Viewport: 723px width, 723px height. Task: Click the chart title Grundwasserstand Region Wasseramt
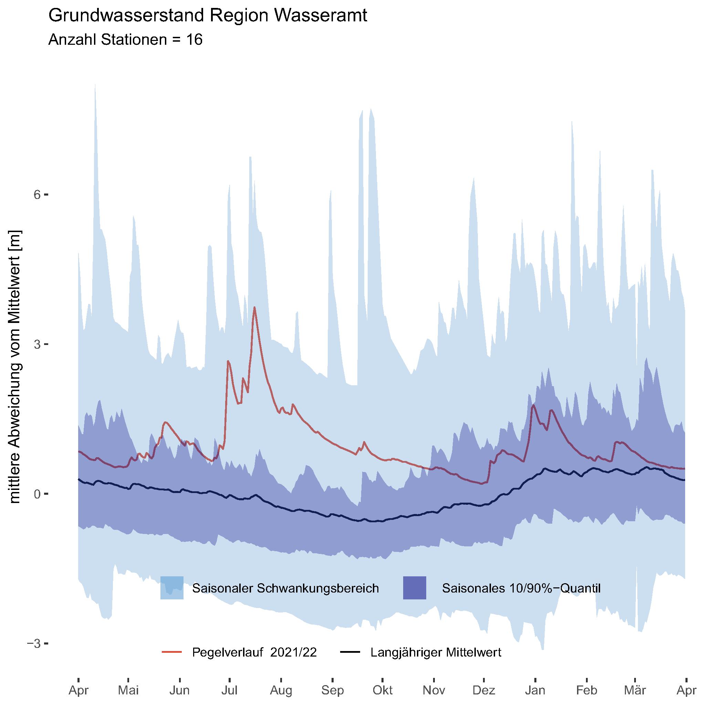208,16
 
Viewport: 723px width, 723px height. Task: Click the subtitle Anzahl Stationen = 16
125,40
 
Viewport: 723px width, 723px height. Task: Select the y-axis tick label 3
37,344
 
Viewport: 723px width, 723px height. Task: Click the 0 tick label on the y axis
37,494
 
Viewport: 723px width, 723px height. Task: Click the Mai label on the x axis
128,690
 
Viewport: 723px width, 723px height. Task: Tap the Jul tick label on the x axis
229,690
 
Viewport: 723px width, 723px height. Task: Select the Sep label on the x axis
332,690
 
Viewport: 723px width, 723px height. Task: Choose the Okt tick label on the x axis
383,690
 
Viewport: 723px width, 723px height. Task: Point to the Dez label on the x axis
484,690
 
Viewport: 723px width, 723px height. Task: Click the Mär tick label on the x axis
635,690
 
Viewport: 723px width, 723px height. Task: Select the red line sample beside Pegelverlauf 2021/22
172,652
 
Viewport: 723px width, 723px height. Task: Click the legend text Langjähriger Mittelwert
436,652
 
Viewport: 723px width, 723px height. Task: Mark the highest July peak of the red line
254,307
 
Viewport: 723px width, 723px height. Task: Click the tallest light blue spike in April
95,85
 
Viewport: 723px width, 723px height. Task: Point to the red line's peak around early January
533,405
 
